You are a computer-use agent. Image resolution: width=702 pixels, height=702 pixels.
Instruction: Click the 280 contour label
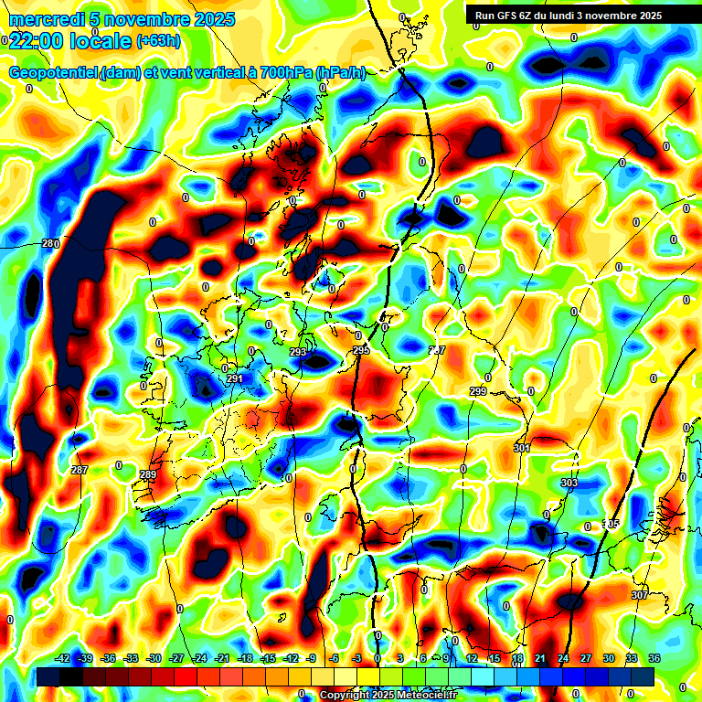coord(50,243)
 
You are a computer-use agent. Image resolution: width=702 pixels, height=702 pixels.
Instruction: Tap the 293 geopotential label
coord(298,352)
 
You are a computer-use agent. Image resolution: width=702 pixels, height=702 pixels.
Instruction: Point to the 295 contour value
coord(360,350)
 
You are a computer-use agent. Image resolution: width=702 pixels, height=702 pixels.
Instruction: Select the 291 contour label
coord(235,378)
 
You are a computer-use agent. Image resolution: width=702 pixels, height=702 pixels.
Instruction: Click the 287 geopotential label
coord(80,470)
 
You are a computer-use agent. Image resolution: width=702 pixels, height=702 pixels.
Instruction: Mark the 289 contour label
coord(148,474)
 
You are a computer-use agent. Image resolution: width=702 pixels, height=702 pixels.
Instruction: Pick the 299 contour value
coord(478,391)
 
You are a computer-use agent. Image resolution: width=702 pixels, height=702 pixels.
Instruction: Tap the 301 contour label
coord(522,448)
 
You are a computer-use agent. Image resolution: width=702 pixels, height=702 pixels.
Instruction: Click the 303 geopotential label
coord(569,482)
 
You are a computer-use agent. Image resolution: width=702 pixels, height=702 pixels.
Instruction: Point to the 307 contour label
coord(639,595)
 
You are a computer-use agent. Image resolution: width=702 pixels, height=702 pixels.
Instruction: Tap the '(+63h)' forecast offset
coord(157,41)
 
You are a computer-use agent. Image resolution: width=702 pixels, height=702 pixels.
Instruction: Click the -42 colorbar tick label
coord(62,658)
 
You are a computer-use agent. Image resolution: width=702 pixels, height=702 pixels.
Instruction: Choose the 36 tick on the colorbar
coord(654,658)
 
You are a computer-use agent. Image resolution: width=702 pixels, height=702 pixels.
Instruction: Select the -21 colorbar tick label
coord(221,658)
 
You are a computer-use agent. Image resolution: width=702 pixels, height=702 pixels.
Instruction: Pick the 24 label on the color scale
coord(562,658)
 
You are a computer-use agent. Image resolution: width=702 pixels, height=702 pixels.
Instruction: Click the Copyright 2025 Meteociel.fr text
coord(387,696)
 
